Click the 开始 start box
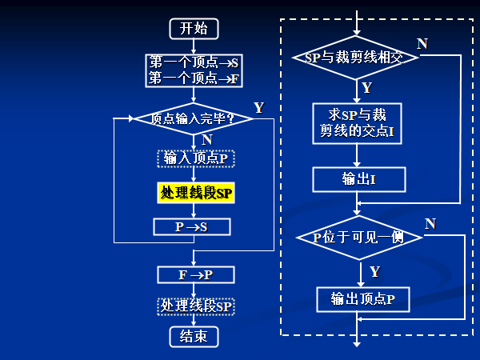[x=194, y=29]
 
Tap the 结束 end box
[x=194, y=336]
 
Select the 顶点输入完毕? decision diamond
[x=194, y=119]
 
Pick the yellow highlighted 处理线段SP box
[x=196, y=193]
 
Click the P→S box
[x=192, y=227]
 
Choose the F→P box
[x=196, y=275]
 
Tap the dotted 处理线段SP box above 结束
[x=196, y=306]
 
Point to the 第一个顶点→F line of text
[x=194, y=78]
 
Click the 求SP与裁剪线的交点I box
[x=357, y=122]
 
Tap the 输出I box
[x=358, y=179]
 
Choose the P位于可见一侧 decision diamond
[x=359, y=238]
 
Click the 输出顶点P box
[x=362, y=299]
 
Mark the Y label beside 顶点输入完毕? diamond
[x=258, y=107]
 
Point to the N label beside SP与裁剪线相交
[x=422, y=43]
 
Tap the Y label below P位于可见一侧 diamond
[x=374, y=272]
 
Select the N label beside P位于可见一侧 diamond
[x=430, y=223]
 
